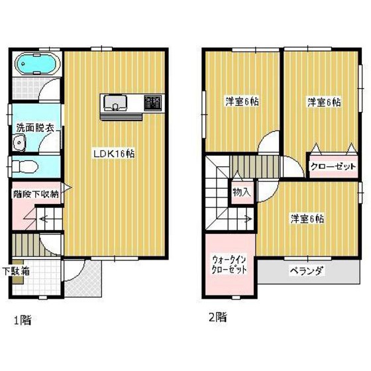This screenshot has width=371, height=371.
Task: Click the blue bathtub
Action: tap(37, 65)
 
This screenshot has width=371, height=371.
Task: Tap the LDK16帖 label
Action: tap(114, 153)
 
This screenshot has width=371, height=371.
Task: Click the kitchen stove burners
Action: tap(153, 103)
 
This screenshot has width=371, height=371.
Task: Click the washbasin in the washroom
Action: tap(20, 142)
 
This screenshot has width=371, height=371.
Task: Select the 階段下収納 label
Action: tap(36, 195)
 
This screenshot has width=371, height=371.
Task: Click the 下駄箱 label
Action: tap(15, 270)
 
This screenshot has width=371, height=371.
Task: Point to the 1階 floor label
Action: tap(22, 320)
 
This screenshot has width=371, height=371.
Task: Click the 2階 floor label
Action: tap(217, 317)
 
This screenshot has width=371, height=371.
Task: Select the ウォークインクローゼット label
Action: tap(229, 264)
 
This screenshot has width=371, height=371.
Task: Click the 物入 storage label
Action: tap(241, 192)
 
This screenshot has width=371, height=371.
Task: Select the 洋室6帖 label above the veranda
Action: tap(306, 219)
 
